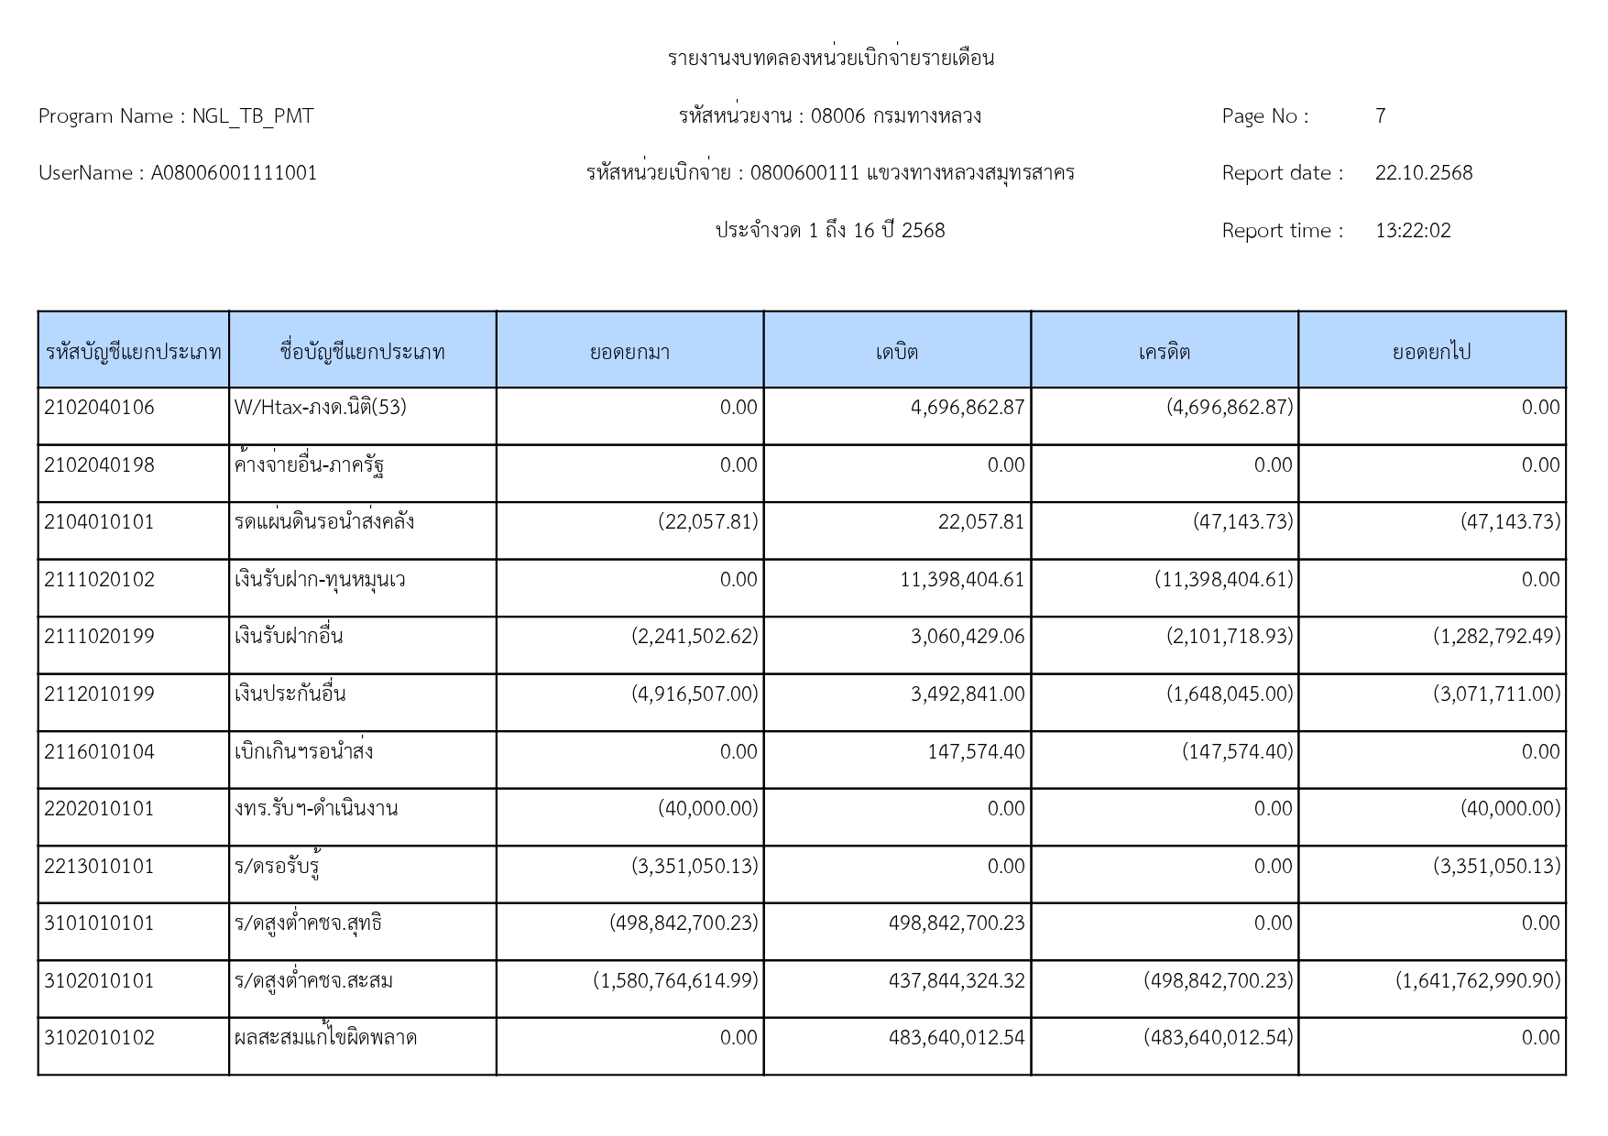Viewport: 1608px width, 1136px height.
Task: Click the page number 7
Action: pos(1380,116)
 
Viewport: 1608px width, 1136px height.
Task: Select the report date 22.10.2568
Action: pos(1423,173)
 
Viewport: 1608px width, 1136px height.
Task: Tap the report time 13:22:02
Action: pos(1413,231)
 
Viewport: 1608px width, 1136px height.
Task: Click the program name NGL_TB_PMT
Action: pos(252,116)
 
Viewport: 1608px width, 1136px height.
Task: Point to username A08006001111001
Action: pos(234,173)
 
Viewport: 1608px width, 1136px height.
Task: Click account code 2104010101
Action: pos(99,522)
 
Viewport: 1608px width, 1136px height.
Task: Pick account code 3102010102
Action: pos(99,1038)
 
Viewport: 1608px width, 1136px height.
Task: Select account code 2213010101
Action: pos(99,867)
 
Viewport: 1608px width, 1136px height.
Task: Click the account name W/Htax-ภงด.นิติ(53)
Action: pos(320,408)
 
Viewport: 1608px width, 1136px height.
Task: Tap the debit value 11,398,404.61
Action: pos(962,580)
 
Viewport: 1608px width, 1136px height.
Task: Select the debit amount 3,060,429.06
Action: pos(968,637)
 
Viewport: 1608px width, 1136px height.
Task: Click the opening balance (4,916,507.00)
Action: pos(695,694)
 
